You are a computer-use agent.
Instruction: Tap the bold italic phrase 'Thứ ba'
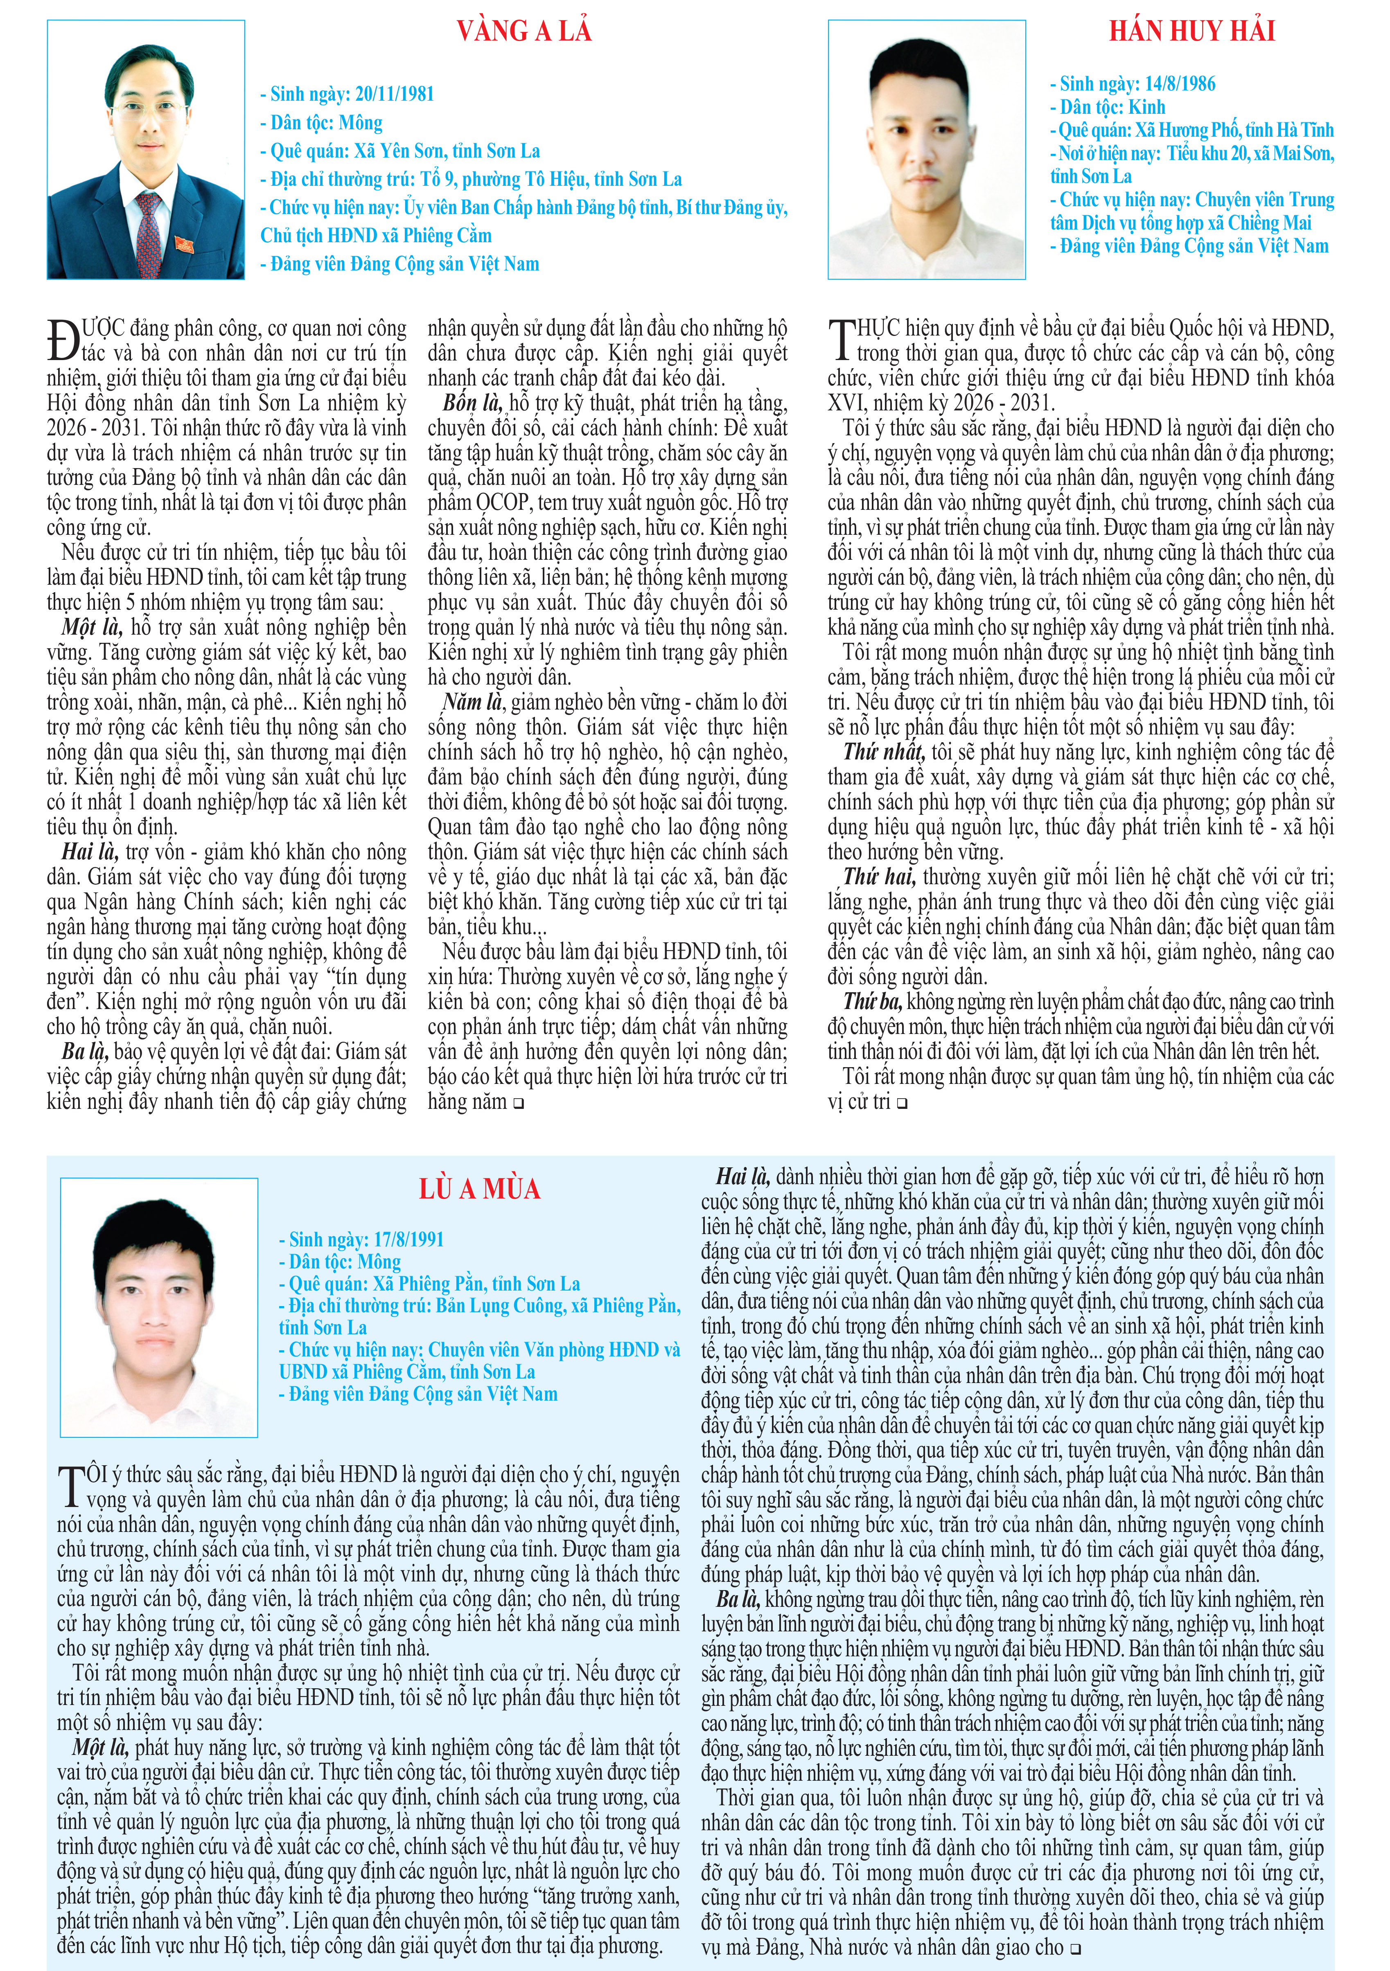point(872,1001)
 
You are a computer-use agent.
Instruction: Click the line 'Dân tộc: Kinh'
point(1108,107)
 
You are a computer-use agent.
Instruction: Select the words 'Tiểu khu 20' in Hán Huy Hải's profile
point(1207,154)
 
